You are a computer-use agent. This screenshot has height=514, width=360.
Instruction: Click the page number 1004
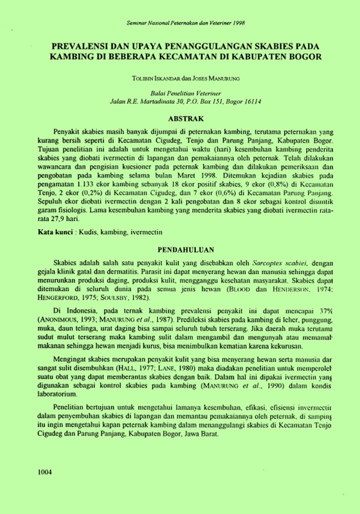45,472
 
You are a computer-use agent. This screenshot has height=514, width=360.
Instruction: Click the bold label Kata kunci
55,233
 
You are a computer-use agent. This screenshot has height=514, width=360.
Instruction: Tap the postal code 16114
252,99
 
